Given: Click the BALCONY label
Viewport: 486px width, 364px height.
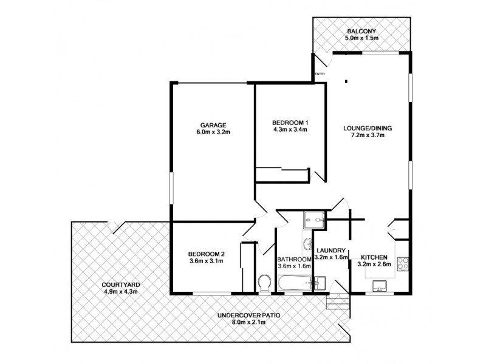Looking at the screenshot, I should coord(362,31).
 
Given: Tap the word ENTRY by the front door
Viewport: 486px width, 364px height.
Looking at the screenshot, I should coord(320,75).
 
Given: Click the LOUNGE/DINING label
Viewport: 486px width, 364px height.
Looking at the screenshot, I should coord(368,127).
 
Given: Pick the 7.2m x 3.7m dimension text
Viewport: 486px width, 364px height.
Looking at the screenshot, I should coord(368,135).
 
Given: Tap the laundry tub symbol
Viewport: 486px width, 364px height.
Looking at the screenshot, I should coord(320,283).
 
